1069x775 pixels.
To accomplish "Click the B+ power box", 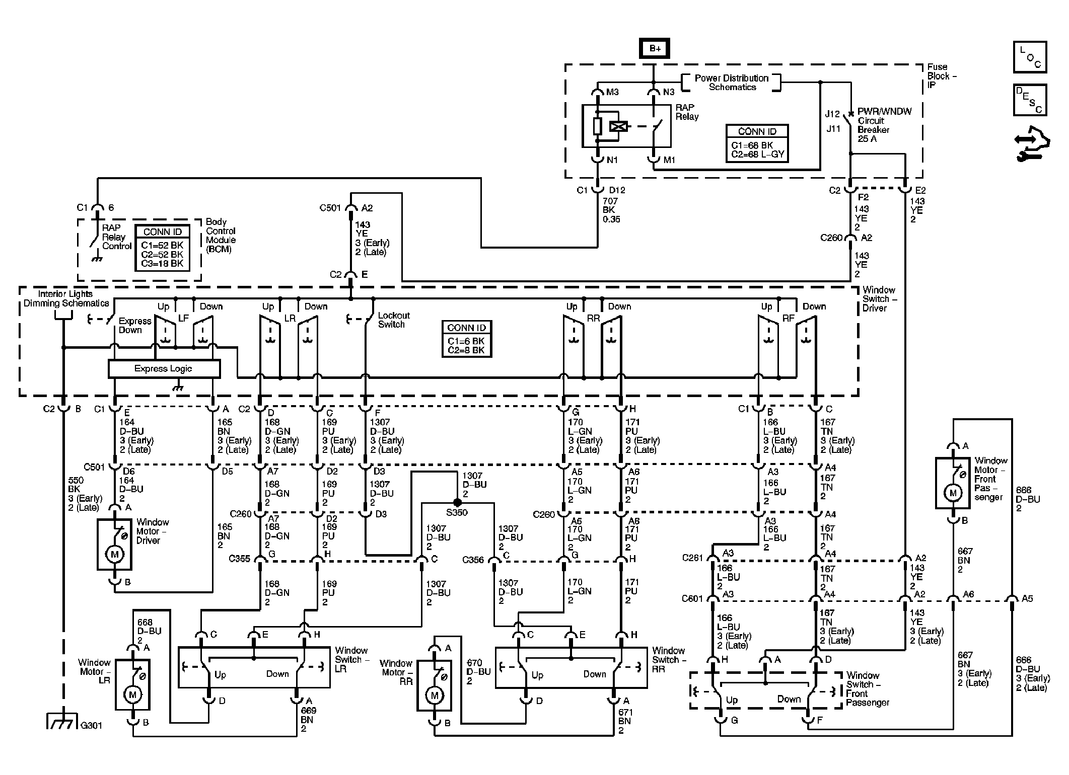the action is click(x=655, y=48).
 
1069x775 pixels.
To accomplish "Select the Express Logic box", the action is click(x=164, y=369).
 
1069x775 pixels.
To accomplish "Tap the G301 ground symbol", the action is click(x=63, y=721).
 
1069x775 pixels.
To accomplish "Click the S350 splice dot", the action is click(x=457, y=502).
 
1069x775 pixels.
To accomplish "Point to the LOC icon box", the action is click(x=1030, y=57).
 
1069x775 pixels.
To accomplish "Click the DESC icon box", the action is click(x=1030, y=100).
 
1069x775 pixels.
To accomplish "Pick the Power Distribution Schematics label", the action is click(x=732, y=83).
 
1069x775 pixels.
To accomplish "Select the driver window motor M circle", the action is click(x=114, y=555).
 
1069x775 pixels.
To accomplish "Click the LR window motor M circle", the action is click(x=133, y=695).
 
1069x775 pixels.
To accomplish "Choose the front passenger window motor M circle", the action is click(x=952, y=493).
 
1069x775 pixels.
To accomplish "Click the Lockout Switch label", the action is click(x=393, y=320).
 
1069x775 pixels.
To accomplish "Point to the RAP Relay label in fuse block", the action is click(x=687, y=112).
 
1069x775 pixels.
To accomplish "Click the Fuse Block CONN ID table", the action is click(x=757, y=143).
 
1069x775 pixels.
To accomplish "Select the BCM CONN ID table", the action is click(x=163, y=248).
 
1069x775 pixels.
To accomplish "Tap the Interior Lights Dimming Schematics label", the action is click(x=66, y=298).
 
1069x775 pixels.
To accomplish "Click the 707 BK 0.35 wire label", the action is click(x=611, y=210).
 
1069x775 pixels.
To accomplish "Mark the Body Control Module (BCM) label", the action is click(x=221, y=236).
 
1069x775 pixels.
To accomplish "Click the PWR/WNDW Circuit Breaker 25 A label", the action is click(x=884, y=125).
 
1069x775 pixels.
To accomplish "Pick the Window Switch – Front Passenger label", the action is click(x=868, y=689).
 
